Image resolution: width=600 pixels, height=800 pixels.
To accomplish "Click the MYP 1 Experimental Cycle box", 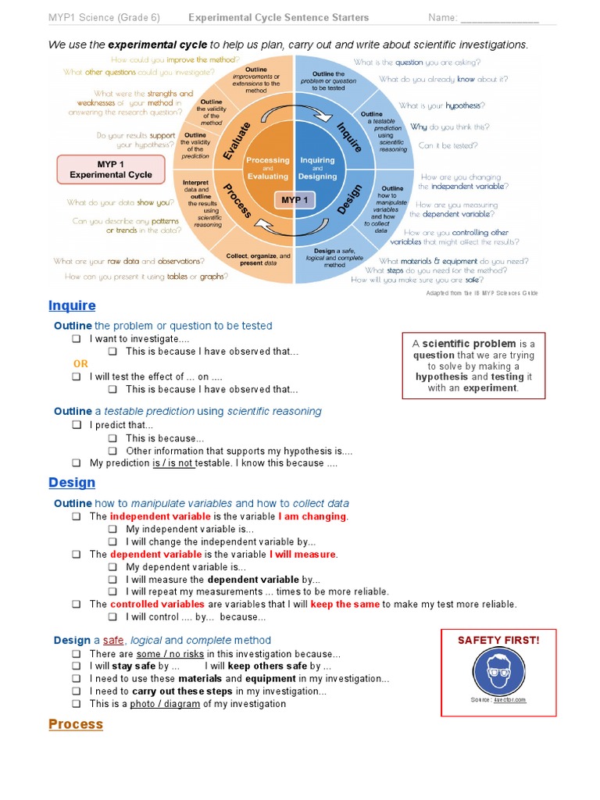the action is tap(111, 169).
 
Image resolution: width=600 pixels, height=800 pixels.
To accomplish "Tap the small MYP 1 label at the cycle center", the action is tap(295, 200).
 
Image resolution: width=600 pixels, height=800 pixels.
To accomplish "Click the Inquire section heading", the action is tap(72, 305).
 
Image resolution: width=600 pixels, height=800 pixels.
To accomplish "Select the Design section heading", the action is tap(72, 483).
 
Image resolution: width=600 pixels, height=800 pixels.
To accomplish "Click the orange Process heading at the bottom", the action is tap(76, 724).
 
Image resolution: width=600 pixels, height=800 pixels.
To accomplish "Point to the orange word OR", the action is tap(81, 364).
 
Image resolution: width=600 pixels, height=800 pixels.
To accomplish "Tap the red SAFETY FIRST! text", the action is tap(498, 641).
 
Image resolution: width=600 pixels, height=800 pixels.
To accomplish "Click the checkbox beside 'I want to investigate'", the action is tap(77, 339).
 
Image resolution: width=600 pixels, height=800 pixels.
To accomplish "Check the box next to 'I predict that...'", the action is tap(77, 425).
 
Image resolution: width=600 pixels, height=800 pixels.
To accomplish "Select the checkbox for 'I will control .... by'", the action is tap(112, 616).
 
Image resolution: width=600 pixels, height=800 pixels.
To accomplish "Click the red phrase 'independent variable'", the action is tap(160, 516).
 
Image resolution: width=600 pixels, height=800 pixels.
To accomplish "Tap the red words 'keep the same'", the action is tap(345, 604).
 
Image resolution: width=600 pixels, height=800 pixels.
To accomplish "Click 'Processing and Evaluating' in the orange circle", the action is tap(268, 168).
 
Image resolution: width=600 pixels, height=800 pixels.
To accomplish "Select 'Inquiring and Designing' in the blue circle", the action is tap(317, 168).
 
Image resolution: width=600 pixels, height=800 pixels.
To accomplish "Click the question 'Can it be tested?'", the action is tap(448, 145).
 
